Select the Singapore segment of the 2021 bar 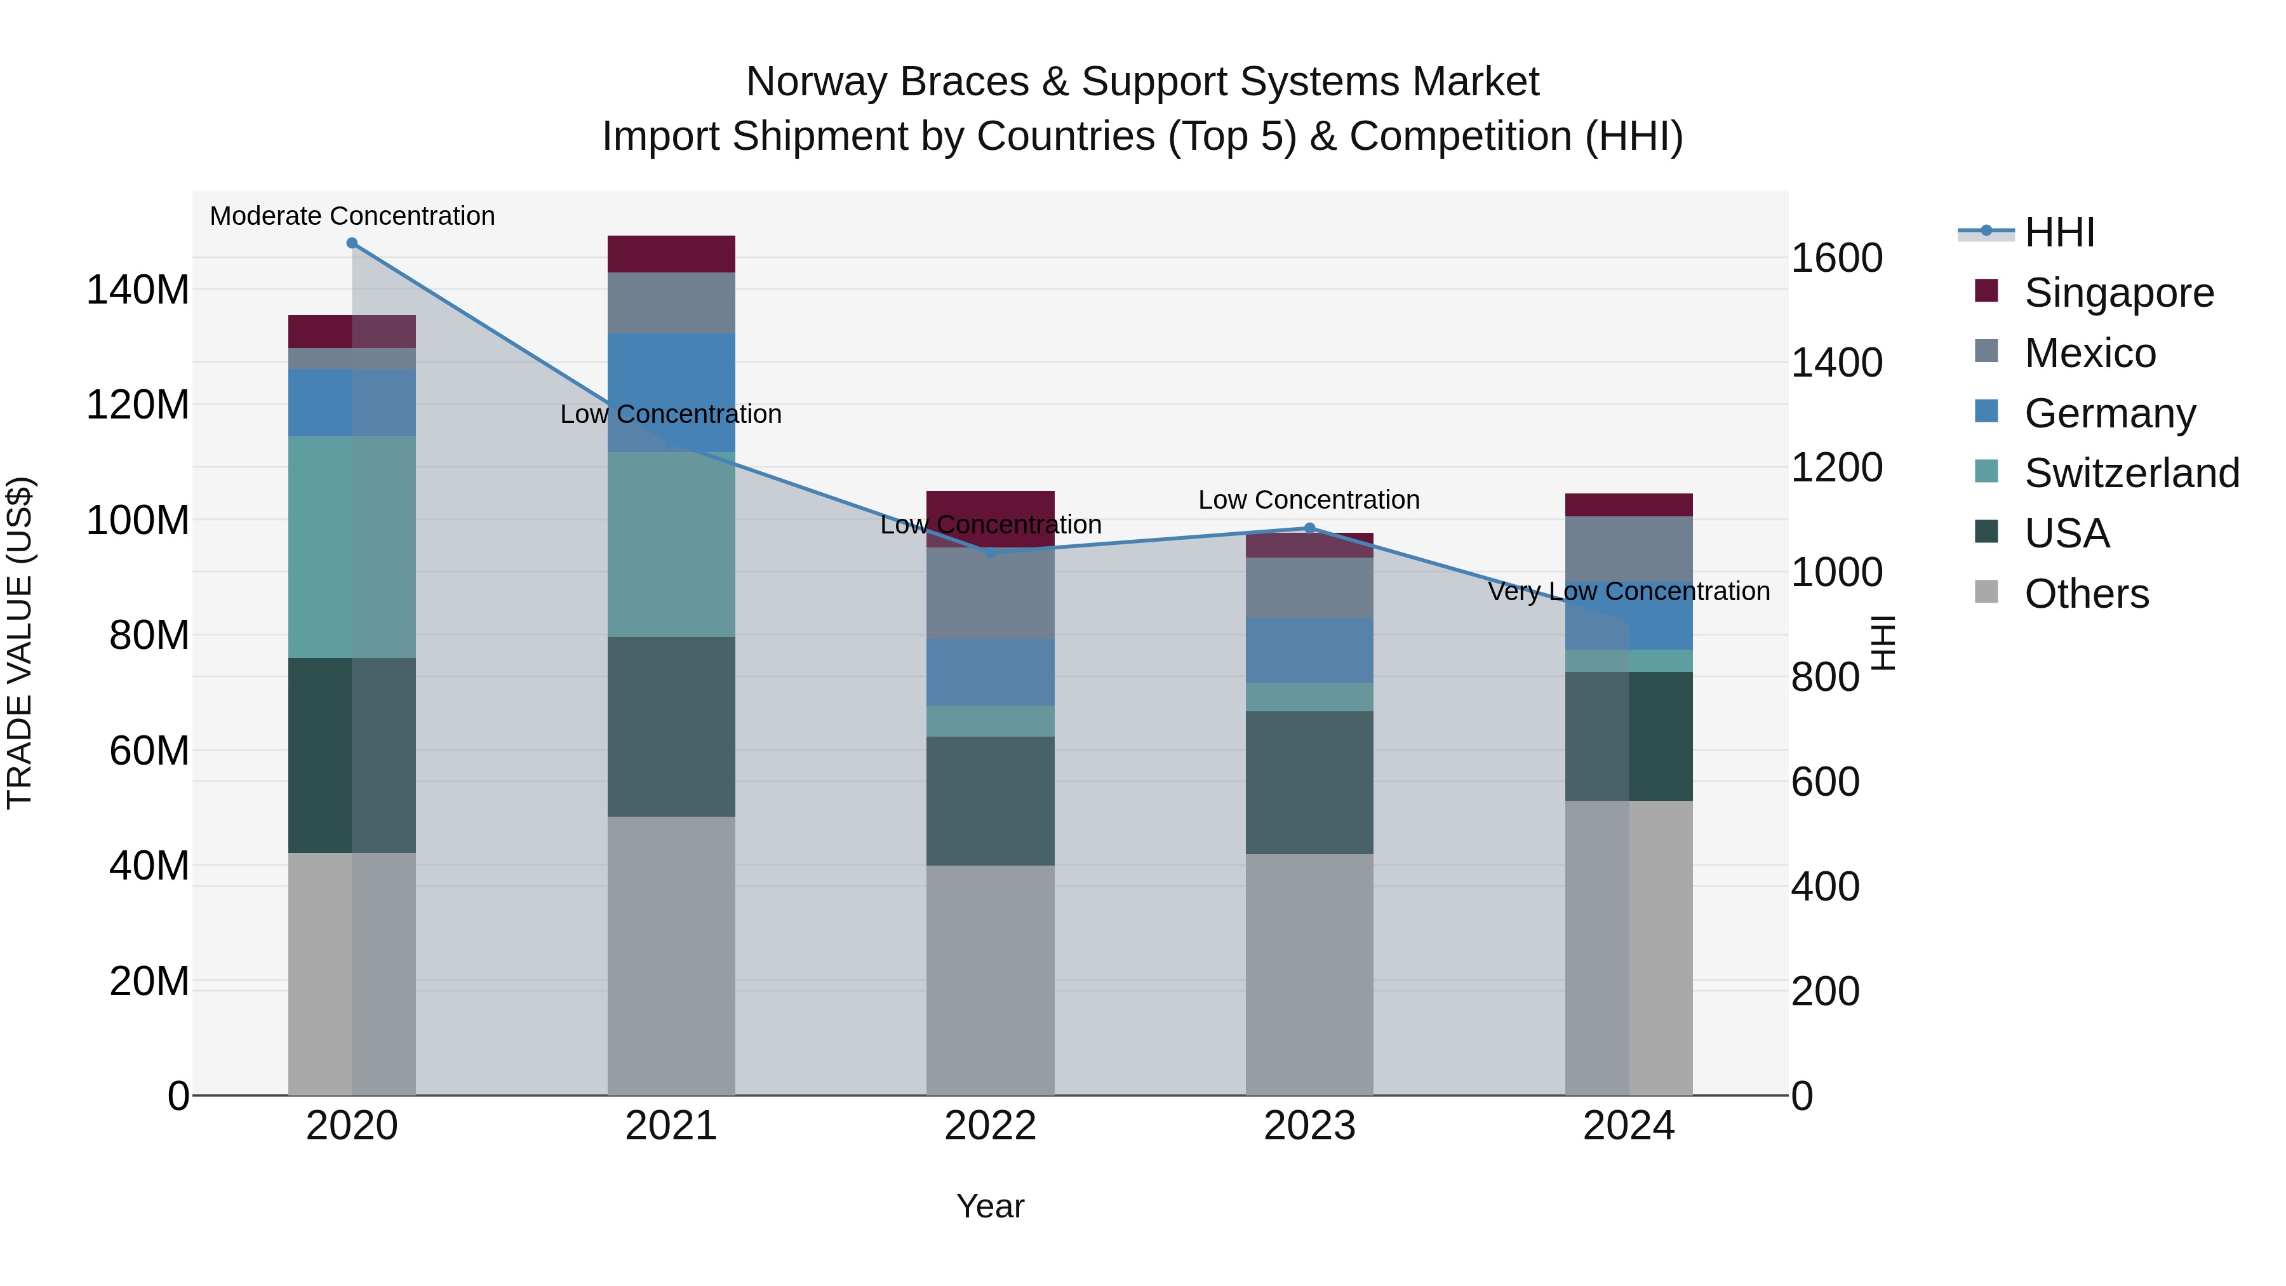671,254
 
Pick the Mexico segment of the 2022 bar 991,593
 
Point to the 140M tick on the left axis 138,290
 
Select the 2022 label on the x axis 991,1126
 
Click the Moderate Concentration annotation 352,216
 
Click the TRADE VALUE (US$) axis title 20,643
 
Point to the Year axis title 991,1206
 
